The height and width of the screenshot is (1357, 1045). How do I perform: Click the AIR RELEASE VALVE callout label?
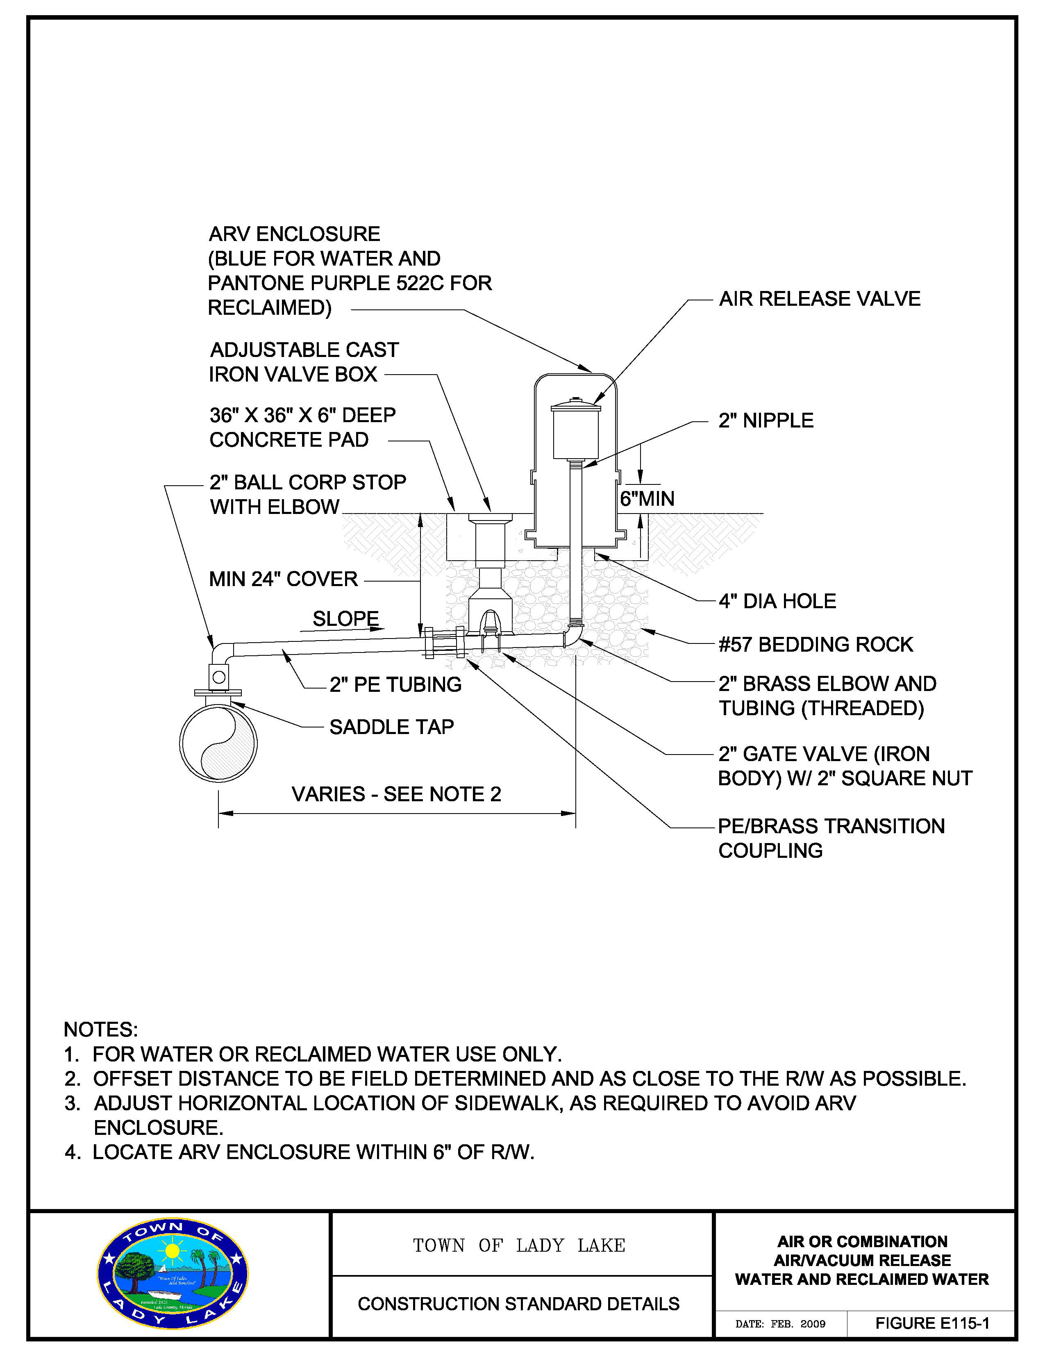click(x=820, y=299)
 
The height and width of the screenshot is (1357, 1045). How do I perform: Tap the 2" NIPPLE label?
click(x=766, y=421)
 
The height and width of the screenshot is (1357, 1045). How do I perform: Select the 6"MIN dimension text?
click(x=647, y=499)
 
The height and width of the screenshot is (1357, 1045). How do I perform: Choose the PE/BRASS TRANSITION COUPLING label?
click(x=831, y=838)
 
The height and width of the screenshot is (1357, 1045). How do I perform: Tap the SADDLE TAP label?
click(x=391, y=727)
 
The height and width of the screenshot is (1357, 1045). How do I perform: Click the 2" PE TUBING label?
click(x=395, y=685)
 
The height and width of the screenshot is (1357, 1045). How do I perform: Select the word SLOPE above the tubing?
click(x=345, y=619)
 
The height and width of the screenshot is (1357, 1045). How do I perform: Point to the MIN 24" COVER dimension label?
click(x=283, y=579)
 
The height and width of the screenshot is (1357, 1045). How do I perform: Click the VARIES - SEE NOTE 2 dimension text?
click(x=396, y=794)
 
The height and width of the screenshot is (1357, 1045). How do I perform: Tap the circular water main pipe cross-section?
click(x=218, y=743)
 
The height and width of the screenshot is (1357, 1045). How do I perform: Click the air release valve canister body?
click(x=576, y=432)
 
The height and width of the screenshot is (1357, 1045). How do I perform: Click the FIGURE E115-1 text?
click(x=932, y=1323)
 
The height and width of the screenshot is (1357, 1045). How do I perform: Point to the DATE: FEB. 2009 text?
click(x=780, y=1324)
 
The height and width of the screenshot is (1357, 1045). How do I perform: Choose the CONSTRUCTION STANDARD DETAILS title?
click(x=519, y=1304)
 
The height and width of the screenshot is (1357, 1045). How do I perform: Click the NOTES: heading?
click(x=101, y=1030)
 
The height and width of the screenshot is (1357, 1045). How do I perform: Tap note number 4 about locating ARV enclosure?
click(x=300, y=1152)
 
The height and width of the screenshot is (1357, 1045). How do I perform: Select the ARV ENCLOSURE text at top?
click(x=295, y=234)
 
